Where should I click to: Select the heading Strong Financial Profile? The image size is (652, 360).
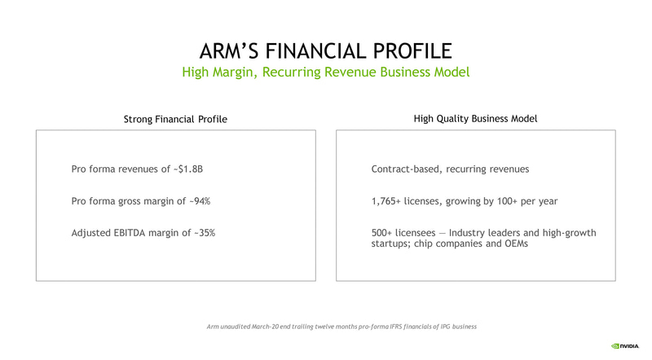point(175,120)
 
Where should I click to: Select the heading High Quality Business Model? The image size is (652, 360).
point(476,119)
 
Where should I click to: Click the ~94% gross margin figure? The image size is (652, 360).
point(206,201)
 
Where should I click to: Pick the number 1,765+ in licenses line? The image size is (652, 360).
point(390,201)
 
